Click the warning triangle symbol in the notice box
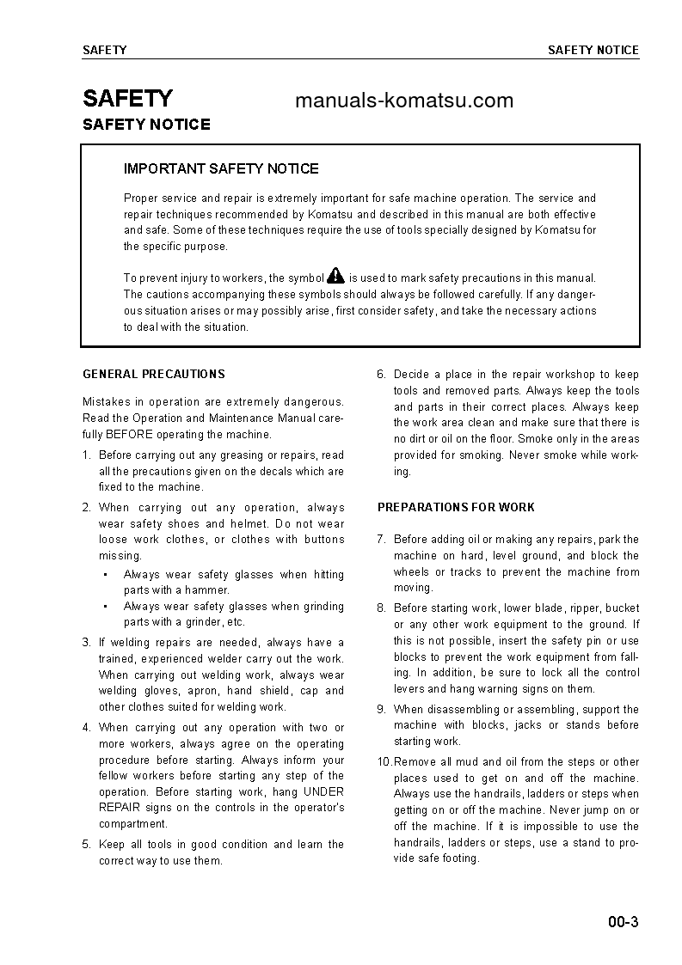point(335,276)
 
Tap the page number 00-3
point(622,924)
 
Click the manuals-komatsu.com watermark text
point(403,101)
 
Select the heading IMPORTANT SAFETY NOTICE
point(221,168)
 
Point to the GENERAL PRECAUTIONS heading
point(153,375)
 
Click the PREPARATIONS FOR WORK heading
point(456,508)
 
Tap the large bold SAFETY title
point(127,98)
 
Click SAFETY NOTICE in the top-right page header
point(593,50)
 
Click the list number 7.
point(381,540)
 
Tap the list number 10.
point(384,762)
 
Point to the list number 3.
point(86,643)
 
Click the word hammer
point(209,590)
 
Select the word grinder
point(200,622)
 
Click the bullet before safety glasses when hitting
point(104,575)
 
